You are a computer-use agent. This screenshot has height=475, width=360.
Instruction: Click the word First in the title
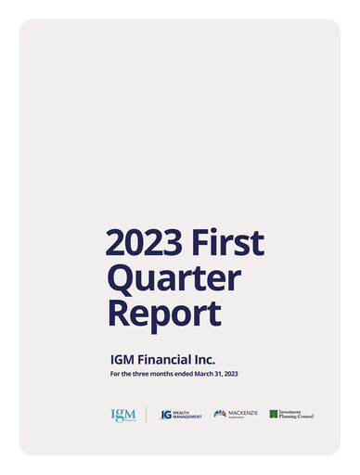(x=229, y=242)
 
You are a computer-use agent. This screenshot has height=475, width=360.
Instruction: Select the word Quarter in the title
(x=174, y=277)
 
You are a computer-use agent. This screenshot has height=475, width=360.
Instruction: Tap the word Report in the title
(x=164, y=313)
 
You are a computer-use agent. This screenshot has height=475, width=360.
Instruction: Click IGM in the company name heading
(x=123, y=358)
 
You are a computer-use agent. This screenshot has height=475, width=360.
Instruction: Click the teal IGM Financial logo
(x=123, y=415)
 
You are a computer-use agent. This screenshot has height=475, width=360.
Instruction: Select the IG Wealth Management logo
(x=181, y=415)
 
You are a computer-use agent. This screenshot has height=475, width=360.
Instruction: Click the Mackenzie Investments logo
(x=236, y=414)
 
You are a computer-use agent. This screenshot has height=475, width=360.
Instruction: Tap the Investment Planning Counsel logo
(x=291, y=414)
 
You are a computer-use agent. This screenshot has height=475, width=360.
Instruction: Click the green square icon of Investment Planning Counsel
(x=274, y=414)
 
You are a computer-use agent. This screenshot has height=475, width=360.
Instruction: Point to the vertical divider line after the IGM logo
(x=146, y=415)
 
